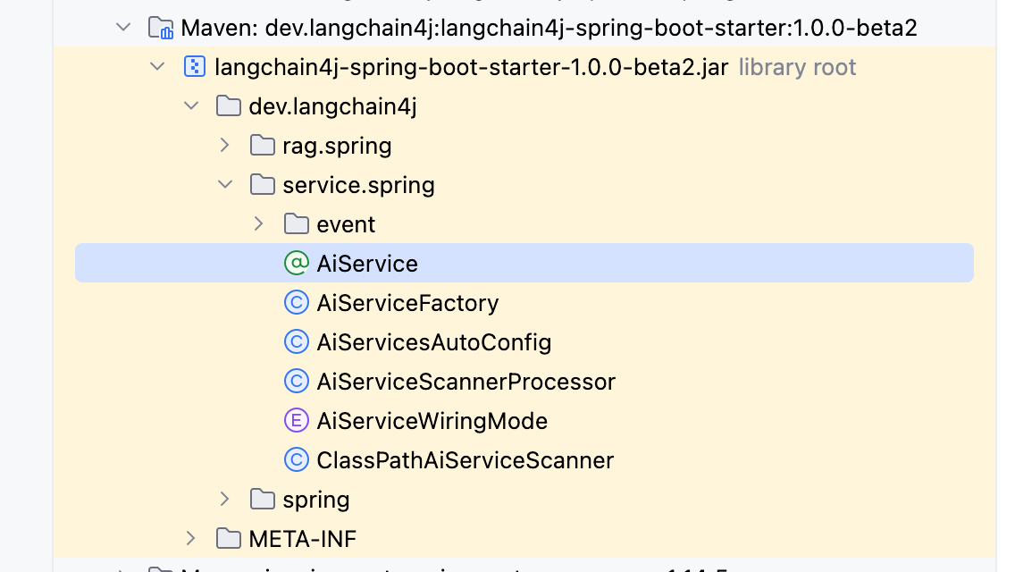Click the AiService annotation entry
(367, 264)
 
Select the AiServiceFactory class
(407, 303)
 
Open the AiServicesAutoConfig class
(433, 342)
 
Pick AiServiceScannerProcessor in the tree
(466, 382)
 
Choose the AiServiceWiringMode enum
(432, 421)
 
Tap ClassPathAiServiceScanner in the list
(465, 460)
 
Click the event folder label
(346, 224)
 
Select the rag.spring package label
(337, 146)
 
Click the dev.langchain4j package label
(332, 106)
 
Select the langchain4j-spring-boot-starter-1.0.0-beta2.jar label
(472, 67)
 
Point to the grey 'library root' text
(797, 67)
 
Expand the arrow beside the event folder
(258, 223)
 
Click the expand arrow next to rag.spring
(224, 145)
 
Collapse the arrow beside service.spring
(225, 185)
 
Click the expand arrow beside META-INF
(190, 538)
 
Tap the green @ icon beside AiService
(296, 264)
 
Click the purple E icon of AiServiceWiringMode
(296, 421)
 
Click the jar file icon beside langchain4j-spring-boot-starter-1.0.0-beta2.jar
(194, 67)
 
